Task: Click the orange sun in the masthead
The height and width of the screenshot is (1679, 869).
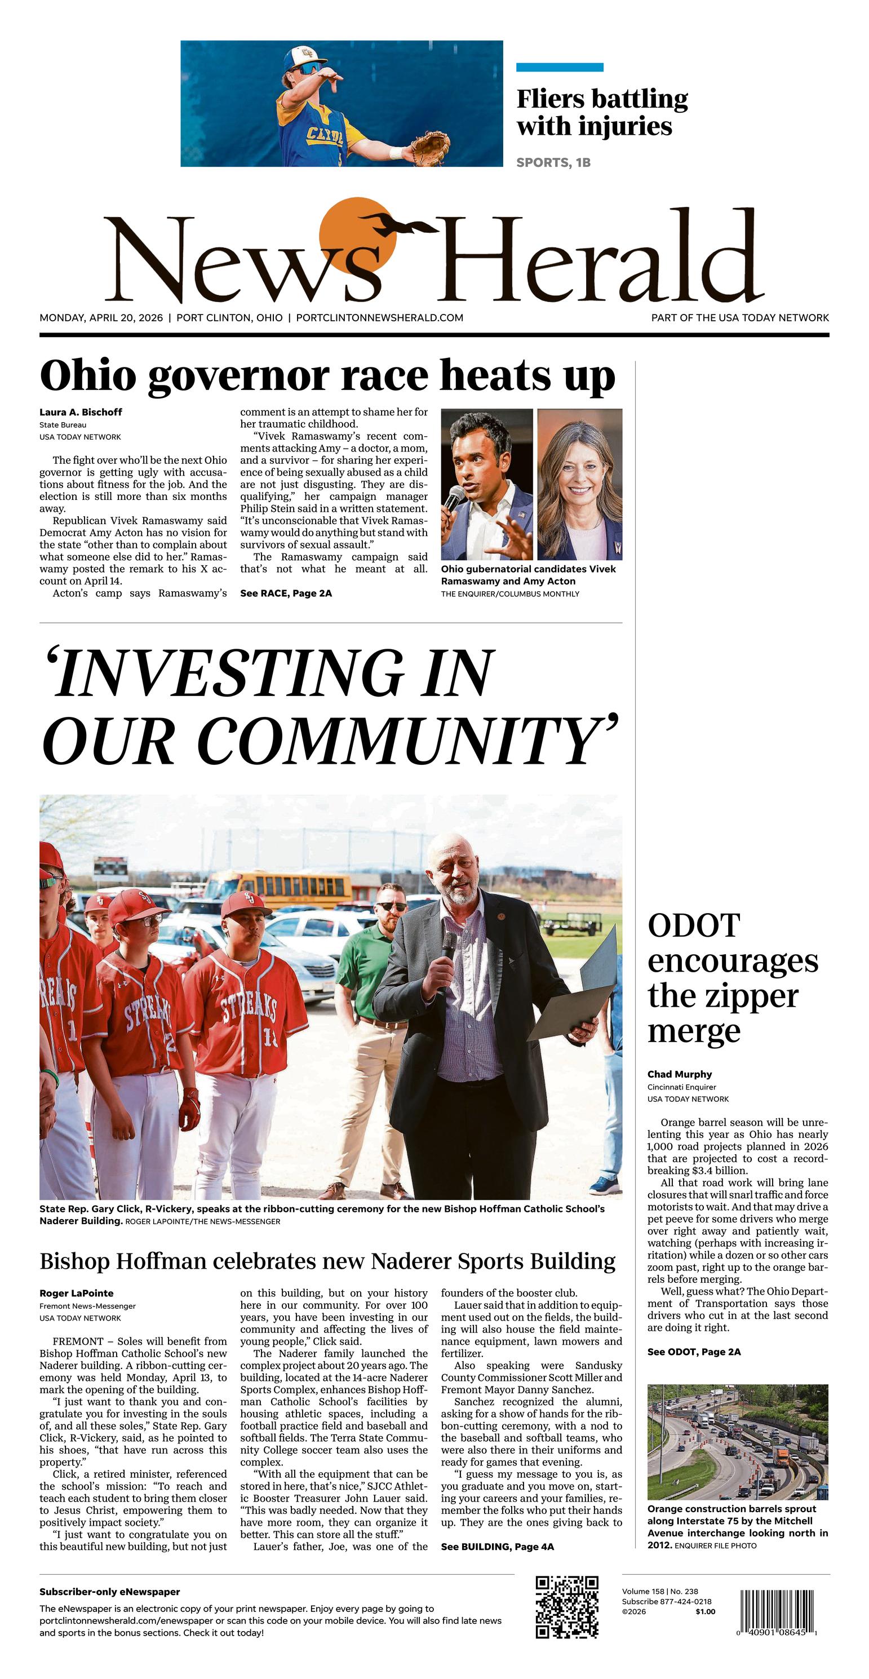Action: pyautogui.click(x=357, y=234)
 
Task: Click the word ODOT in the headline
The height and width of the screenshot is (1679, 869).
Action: pyautogui.click(x=694, y=926)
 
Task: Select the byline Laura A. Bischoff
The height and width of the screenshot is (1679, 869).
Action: pyautogui.click(x=81, y=412)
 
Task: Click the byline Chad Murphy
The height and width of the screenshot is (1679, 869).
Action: pyautogui.click(x=679, y=1074)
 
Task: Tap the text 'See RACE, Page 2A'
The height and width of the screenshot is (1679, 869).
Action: pyautogui.click(x=286, y=593)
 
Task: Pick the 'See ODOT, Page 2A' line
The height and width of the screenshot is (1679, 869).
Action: pyautogui.click(x=694, y=1352)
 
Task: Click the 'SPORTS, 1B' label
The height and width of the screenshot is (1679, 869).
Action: pyautogui.click(x=553, y=162)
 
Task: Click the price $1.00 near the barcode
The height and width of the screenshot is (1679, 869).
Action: pyautogui.click(x=704, y=1612)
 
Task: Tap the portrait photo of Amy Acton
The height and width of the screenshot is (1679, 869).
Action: pyautogui.click(x=579, y=484)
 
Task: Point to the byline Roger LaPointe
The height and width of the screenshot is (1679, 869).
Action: pyautogui.click(x=76, y=1293)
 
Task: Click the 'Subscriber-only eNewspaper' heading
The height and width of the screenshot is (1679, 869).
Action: pyautogui.click(x=109, y=1592)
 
